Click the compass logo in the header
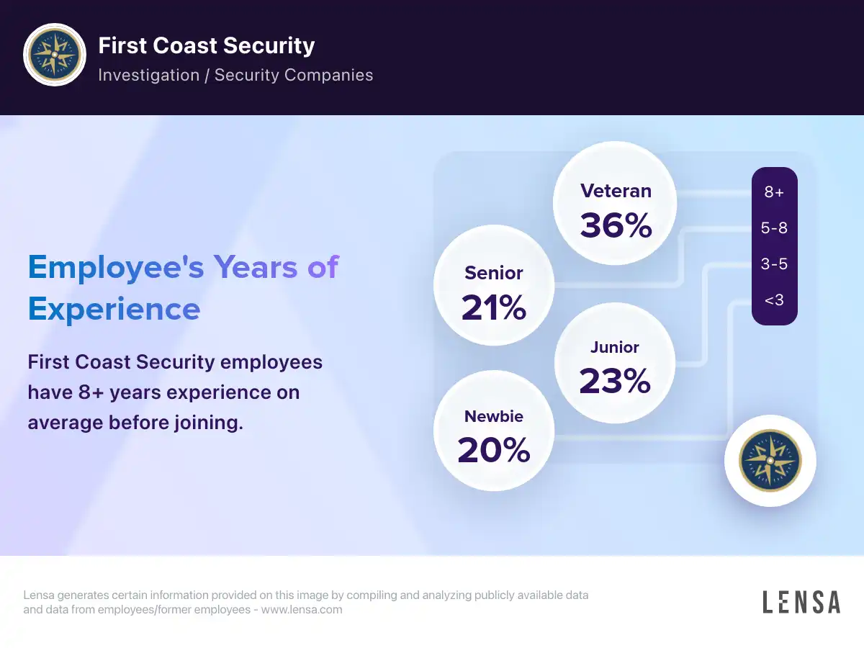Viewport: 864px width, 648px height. point(55,55)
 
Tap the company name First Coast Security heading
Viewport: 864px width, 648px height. point(206,45)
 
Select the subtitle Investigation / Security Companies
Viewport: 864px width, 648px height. point(235,75)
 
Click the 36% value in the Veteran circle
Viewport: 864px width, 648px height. point(616,225)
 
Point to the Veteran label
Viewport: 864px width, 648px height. point(616,191)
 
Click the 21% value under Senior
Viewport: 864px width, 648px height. point(494,307)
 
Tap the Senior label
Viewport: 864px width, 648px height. point(494,273)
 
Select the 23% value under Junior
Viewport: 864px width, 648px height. point(615,380)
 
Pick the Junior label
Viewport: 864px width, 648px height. point(614,347)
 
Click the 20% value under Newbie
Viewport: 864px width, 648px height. point(494,450)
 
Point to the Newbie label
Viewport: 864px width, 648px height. point(494,416)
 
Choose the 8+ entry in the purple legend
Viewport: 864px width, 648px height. point(774,192)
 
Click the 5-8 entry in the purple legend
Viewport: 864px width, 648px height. point(774,228)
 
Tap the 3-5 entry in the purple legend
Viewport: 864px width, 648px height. point(774,264)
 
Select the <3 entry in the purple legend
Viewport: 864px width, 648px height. point(774,300)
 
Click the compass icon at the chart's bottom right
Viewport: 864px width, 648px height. point(770,461)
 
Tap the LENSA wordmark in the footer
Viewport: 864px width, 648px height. point(801,602)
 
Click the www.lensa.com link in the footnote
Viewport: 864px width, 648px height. point(302,609)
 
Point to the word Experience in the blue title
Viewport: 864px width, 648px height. point(114,310)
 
